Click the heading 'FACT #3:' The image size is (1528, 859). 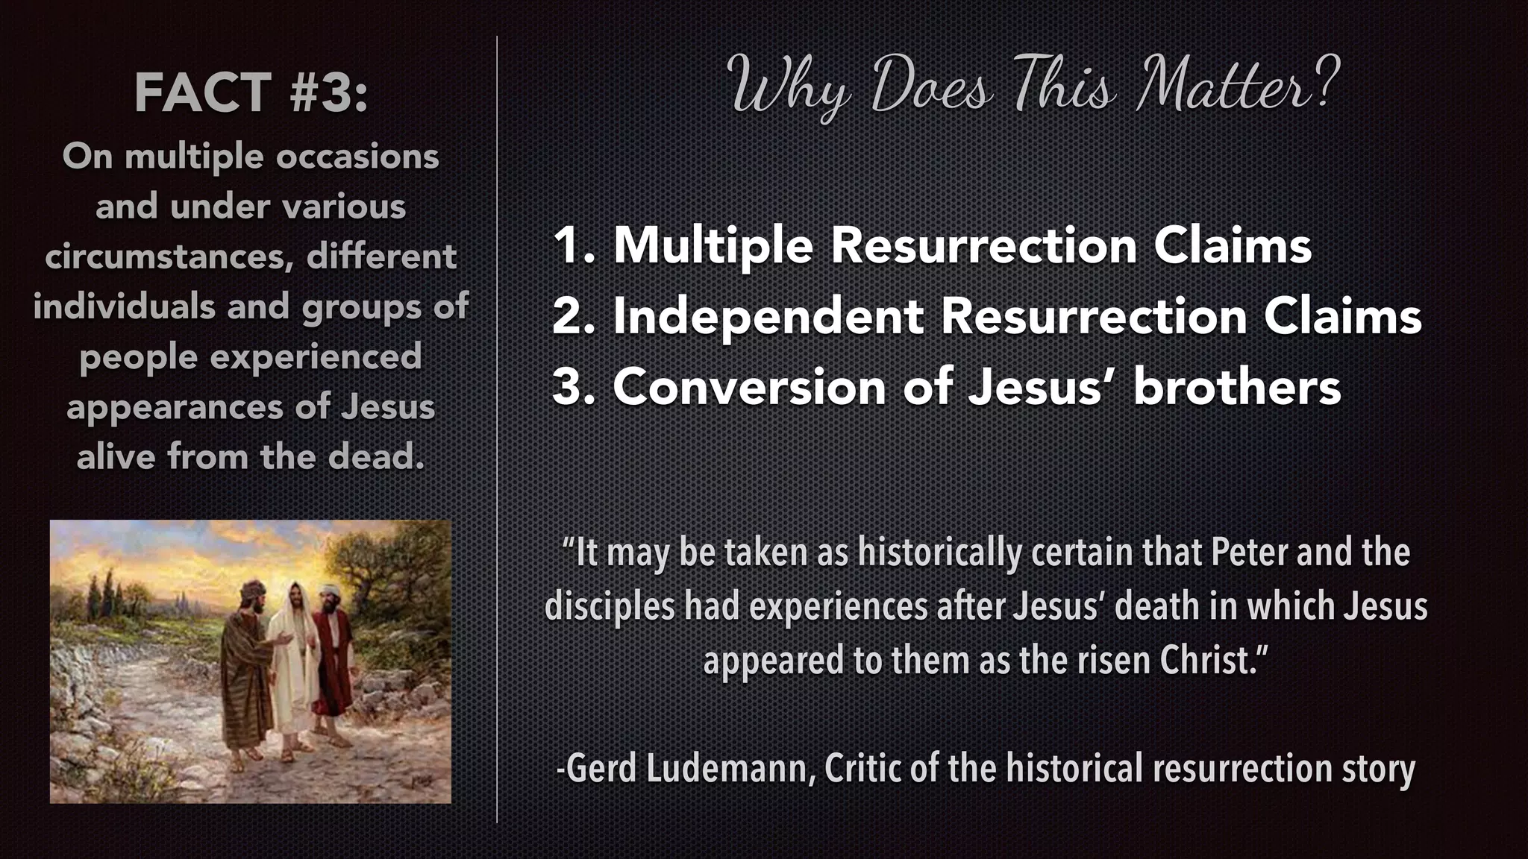[x=251, y=93]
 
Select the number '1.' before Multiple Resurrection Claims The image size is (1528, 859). [x=573, y=245]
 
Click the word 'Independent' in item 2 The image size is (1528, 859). [x=768, y=316]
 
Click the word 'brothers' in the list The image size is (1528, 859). [x=1236, y=387]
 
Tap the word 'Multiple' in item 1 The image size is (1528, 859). [x=713, y=245]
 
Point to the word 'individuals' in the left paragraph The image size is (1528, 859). [x=124, y=306]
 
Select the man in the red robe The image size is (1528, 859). [x=334, y=656]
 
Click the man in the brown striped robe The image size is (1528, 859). [x=246, y=671]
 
